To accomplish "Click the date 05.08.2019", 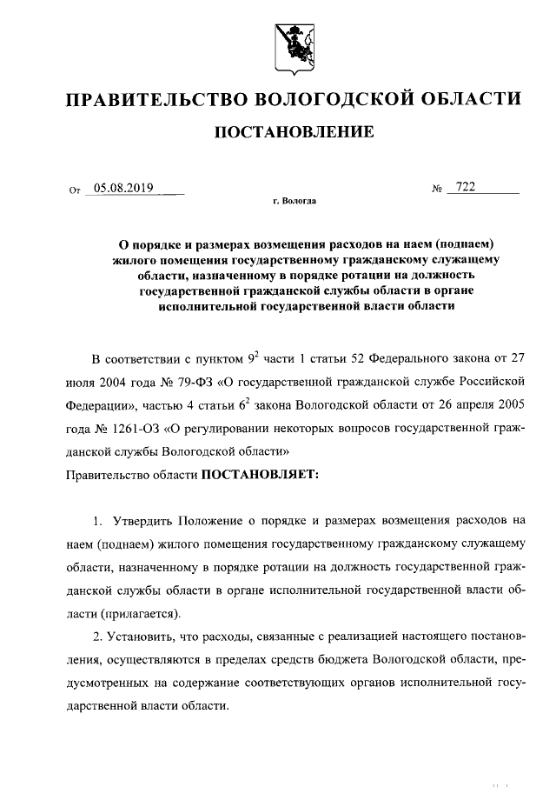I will [x=123, y=187].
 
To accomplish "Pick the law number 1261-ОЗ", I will [x=129, y=429].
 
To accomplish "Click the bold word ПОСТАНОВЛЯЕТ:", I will [x=261, y=475].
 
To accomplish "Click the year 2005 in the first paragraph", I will [x=511, y=405].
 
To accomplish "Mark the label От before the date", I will [x=73, y=190].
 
